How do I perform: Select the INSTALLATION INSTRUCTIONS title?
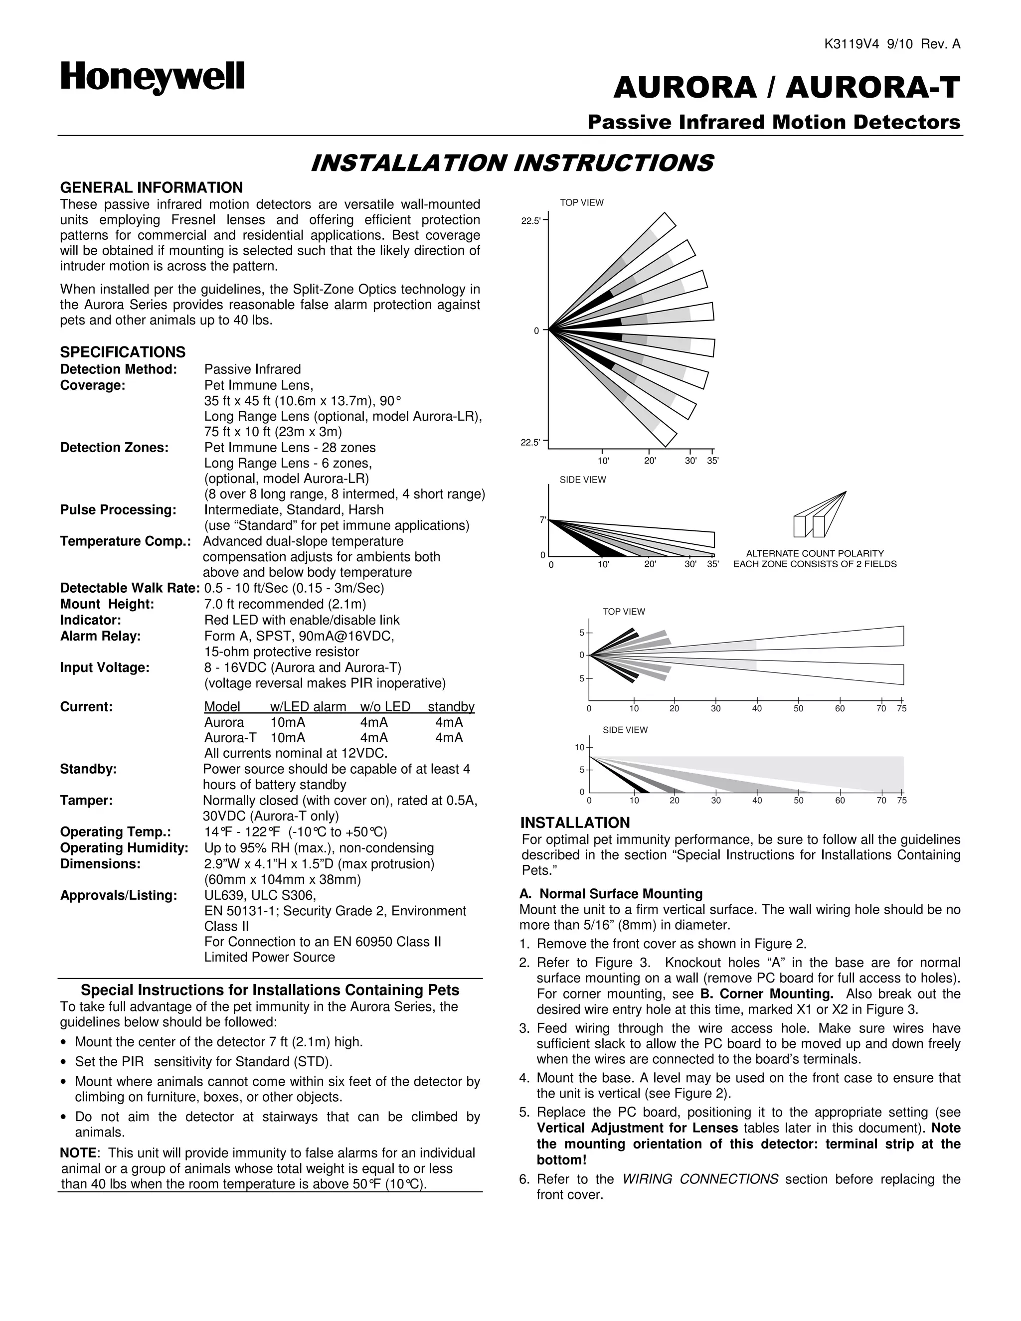(x=511, y=164)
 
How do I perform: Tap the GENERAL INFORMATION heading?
(x=151, y=187)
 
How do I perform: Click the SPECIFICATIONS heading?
(x=123, y=352)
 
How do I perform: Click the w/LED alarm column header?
(x=308, y=706)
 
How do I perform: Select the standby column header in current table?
(x=451, y=706)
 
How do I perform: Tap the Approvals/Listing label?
(x=119, y=895)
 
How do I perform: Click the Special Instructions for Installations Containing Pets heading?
(x=270, y=990)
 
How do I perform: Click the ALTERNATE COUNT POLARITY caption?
(x=815, y=553)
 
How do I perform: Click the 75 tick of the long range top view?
(x=902, y=708)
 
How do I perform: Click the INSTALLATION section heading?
(x=575, y=823)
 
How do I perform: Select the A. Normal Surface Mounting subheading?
(x=611, y=894)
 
